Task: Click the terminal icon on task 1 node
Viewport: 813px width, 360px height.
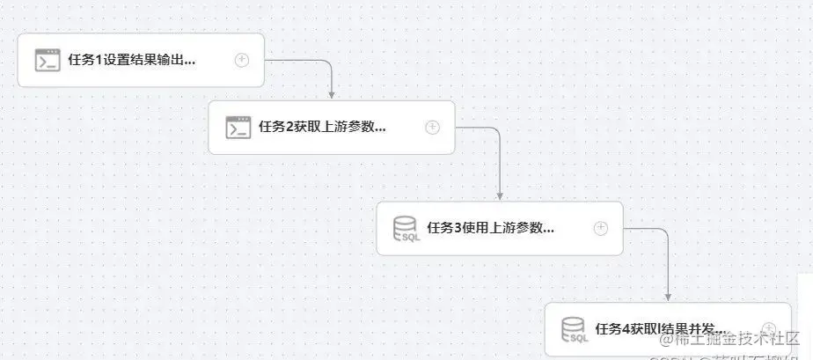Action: [48, 60]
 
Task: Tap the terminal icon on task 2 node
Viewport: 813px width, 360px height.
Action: [238, 128]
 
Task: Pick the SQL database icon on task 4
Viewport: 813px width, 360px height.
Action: [575, 330]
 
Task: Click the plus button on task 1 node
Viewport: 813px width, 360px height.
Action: [242, 60]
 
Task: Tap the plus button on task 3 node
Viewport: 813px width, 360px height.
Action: [601, 228]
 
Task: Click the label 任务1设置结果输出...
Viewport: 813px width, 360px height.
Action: [131, 61]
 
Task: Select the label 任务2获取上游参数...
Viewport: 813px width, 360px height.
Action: [322, 128]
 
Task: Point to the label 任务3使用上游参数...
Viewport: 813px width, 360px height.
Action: [490, 229]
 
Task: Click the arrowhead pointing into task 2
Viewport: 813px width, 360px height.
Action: [332, 95]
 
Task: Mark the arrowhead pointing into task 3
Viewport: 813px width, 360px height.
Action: [500, 196]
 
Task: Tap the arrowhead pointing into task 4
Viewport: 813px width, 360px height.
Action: [668, 298]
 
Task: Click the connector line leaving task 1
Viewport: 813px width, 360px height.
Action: [299, 61]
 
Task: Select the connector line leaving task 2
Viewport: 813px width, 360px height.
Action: [480, 129]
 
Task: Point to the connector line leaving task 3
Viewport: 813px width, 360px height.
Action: [651, 230]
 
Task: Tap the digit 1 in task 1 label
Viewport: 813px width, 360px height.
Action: [99, 61]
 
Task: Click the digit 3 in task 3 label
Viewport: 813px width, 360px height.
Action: [458, 229]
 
